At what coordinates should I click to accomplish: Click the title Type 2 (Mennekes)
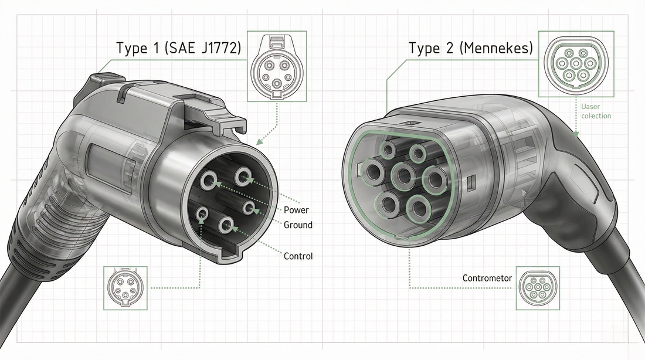470,49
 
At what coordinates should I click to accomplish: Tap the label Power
296,210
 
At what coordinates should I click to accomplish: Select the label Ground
298,225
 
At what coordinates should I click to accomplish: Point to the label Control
298,256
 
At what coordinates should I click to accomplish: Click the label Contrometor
487,278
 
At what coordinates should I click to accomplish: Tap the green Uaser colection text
596,111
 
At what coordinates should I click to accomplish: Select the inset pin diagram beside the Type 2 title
575,63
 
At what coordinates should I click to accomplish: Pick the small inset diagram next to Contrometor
538,288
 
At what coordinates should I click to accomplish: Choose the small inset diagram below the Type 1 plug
125,288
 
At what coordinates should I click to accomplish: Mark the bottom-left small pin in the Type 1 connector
202,215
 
